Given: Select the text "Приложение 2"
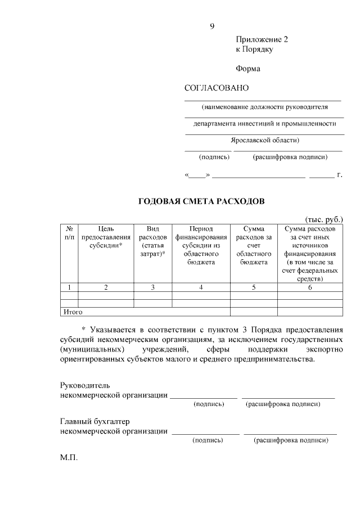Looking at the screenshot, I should pyautogui.click(x=262, y=39).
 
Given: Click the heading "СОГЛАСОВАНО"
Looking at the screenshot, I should pyautogui.click(x=217, y=88).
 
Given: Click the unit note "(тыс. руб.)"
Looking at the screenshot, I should pyautogui.click(x=323, y=219).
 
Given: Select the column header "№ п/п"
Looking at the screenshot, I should pyautogui.click(x=69, y=234).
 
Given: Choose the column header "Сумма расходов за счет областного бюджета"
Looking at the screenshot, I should pyautogui.click(x=254, y=246).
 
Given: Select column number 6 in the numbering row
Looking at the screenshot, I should pyautogui.click(x=310, y=287).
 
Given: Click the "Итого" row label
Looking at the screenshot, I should pyautogui.click(x=73, y=311).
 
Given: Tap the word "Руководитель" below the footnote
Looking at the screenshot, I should pyautogui.click(x=85, y=386).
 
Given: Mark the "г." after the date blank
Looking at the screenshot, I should pyautogui.click(x=339, y=175).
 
